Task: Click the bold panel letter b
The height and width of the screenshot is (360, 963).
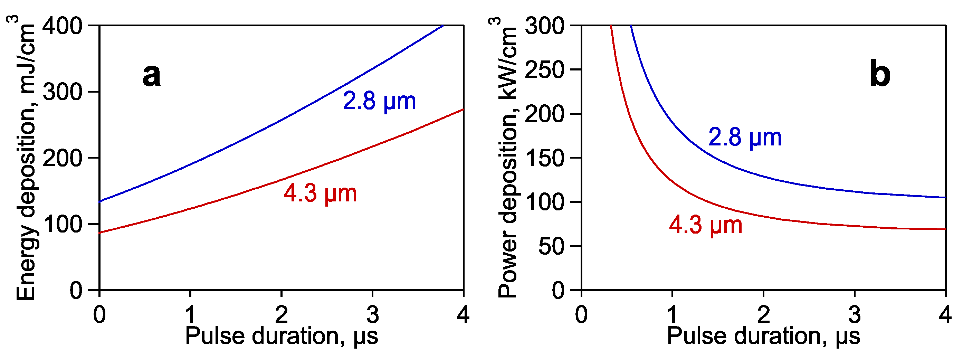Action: click(880, 74)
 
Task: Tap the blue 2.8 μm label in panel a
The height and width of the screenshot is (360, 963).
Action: click(380, 101)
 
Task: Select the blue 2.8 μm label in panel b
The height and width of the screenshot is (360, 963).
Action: click(745, 138)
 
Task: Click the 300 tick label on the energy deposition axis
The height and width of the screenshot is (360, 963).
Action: click(63, 92)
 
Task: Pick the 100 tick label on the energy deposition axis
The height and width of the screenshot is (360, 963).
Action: click(63, 224)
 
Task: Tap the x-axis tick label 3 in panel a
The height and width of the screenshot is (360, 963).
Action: click(372, 315)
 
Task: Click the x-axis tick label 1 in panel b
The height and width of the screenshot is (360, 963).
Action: click(672, 315)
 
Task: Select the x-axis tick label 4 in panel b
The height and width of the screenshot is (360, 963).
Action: click(945, 315)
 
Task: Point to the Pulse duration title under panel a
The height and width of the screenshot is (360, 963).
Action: click(282, 336)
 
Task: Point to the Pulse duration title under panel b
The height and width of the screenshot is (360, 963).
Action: click(763, 336)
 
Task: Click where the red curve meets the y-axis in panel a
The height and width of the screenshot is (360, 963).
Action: click(100, 233)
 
